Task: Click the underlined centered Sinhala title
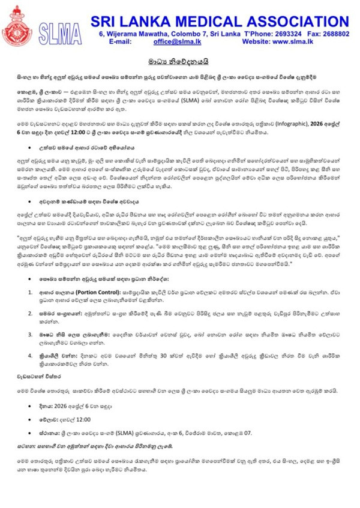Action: [179, 61]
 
